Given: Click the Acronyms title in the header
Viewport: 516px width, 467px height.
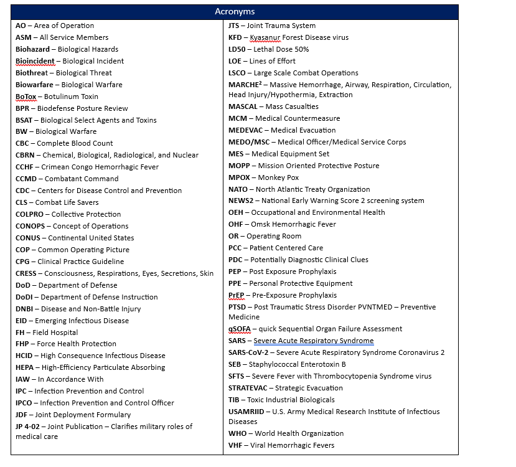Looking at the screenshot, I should (235, 12).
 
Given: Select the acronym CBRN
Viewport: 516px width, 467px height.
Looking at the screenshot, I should (26, 155).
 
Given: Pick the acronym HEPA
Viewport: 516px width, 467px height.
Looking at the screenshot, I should (26, 367).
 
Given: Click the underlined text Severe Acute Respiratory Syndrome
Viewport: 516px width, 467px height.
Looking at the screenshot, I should (314, 341).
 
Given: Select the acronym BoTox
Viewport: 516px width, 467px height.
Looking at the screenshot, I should (27, 97).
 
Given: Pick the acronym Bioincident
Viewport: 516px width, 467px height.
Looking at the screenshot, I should (35, 61).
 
